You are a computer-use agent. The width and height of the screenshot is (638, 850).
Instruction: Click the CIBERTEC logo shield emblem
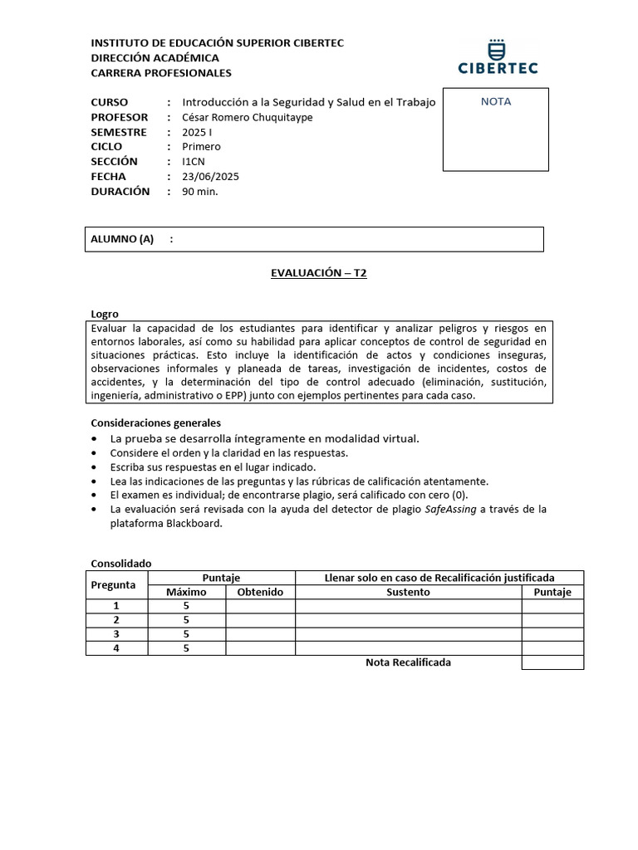(x=497, y=46)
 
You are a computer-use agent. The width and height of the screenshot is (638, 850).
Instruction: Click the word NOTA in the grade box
(x=496, y=102)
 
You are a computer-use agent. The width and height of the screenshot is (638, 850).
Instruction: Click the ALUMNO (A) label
(x=122, y=239)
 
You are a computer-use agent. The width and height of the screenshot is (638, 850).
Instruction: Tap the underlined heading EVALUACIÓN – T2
(x=318, y=273)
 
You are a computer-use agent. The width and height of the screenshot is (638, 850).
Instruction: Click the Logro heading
(x=104, y=314)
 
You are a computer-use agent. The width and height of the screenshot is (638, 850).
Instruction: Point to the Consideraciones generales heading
(x=155, y=423)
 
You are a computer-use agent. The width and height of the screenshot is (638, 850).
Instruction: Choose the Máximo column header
(x=186, y=592)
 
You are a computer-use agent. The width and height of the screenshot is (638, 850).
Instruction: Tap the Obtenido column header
(x=260, y=592)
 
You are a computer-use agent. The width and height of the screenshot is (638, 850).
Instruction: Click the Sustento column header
(x=408, y=592)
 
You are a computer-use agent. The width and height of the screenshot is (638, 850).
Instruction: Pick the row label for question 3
(x=116, y=634)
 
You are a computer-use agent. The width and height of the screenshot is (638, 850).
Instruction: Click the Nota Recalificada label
(x=408, y=662)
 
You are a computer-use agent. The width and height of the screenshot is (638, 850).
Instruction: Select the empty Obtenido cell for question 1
(x=260, y=606)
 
